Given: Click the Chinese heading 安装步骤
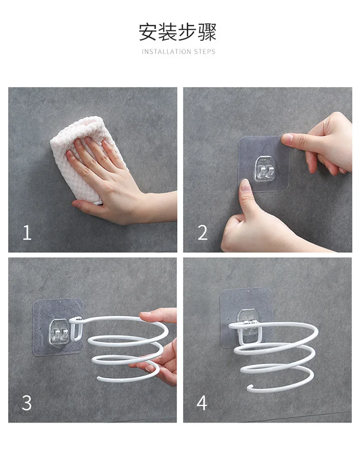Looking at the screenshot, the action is click(x=178, y=32).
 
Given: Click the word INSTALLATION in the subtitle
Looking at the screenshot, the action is click(x=166, y=52).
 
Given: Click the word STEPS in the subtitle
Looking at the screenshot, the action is click(x=204, y=52).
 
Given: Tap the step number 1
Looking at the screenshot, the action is click(x=27, y=232).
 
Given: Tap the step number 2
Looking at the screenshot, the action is click(x=203, y=232).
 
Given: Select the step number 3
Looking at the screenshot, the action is click(x=26, y=403).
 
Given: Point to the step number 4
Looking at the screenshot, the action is click(x=202, y=403).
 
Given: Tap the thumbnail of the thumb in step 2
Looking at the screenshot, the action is click(x=245, y=186).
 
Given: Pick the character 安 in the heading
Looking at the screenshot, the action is click(x=149, y=32).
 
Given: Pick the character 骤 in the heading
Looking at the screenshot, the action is click(x=206, y=32).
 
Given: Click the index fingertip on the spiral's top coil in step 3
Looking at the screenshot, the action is click(x=146, y=314).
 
